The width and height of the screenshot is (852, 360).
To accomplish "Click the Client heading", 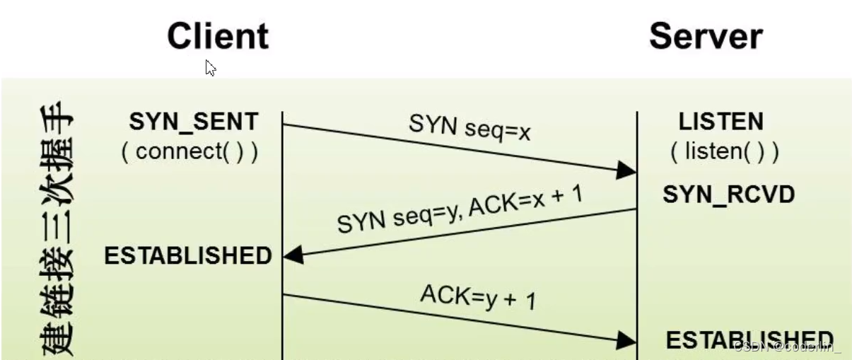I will tap(218, 36).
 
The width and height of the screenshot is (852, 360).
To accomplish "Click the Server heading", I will tap(705, 36).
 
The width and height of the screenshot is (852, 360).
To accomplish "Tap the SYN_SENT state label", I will tap(193, 122).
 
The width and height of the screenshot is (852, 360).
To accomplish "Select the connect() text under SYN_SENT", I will tap(190, 151).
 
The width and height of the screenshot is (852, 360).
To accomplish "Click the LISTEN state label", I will tap(721, 122).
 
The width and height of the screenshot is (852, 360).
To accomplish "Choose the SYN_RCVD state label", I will tap(728, 194).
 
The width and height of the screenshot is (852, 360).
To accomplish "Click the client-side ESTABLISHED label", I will tap(188, 256).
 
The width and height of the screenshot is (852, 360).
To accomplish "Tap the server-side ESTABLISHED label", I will tap(749, 340).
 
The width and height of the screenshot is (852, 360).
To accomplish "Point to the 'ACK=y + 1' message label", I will tap(478, 298).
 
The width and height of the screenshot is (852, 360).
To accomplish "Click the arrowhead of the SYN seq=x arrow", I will tap(626, 170).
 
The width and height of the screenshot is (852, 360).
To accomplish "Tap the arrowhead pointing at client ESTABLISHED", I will tap(293, 255).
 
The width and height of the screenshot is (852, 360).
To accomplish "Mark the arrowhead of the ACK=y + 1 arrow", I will tap(626, 339).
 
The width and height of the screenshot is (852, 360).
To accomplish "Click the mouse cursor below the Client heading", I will tap(210, 68).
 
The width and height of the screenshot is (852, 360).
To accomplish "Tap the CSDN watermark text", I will tap(787, 347).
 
